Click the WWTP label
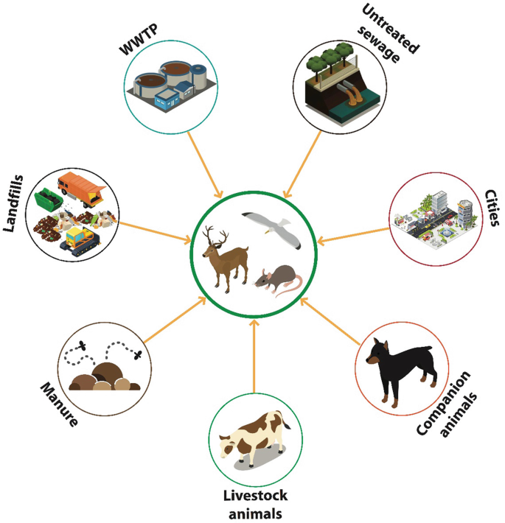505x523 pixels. coord(142,36)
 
